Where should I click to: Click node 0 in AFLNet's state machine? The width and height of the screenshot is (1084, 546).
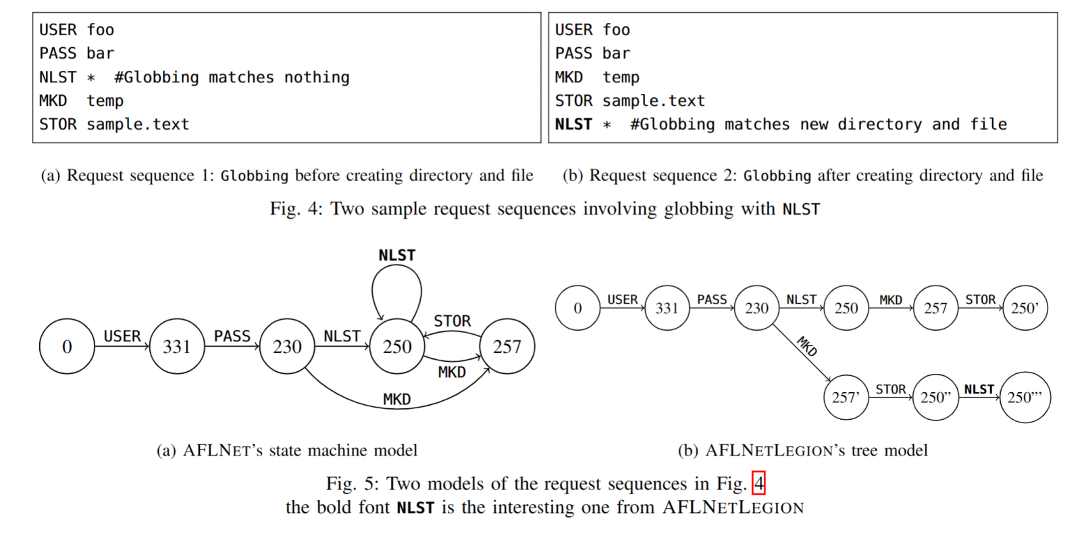pos(67,346)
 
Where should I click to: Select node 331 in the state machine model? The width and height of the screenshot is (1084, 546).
pos(177,346)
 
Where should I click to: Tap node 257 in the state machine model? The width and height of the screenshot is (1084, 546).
pos(507,346)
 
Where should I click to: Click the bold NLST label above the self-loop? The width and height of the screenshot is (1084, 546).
pos(396,255)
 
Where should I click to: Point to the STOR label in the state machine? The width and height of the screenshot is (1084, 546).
pos(452,321)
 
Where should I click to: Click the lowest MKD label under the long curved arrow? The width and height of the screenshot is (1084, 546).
pos(396,400)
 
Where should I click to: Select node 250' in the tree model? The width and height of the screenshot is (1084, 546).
pos(1025,308)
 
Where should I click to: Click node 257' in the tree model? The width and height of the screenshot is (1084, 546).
pos(846,398)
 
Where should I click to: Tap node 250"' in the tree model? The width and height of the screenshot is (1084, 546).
pos(1025,398)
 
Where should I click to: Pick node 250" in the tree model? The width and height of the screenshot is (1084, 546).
pos(935,398)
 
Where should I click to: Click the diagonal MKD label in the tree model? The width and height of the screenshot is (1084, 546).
pos(807,346)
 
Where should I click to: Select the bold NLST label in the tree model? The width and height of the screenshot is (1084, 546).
pos(979,389)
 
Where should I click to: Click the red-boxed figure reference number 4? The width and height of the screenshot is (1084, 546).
pos(759,483)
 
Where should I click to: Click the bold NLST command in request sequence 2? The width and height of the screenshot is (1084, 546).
pos(573,124)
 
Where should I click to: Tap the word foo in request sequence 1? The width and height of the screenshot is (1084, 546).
pos(101,30)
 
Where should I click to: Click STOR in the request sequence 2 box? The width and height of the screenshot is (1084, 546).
pos(573,101)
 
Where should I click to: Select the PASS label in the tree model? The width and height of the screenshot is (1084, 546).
pos(712,300)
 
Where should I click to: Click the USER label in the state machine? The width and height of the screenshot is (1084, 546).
pos(122,336)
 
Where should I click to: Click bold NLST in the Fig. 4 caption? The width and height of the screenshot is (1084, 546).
pos(801,209)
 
